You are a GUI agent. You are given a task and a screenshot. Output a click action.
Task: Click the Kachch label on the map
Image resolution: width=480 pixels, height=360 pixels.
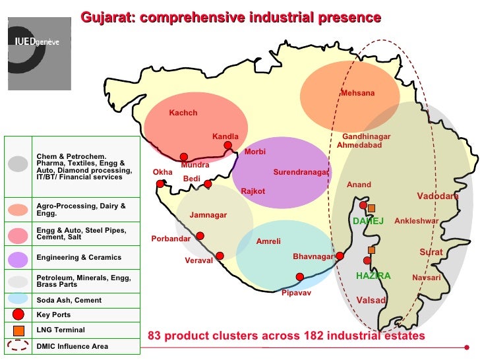183,113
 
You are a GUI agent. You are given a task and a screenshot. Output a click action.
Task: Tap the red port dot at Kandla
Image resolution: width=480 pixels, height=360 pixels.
227,146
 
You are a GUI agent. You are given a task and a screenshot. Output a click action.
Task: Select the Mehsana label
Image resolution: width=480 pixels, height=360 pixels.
357,94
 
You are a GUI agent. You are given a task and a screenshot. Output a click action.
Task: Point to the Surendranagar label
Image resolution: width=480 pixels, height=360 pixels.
301,173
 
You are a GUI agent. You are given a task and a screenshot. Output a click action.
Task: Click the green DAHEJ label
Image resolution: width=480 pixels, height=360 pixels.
368,221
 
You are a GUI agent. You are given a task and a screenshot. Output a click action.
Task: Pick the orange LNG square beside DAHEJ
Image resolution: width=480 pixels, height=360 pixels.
372,208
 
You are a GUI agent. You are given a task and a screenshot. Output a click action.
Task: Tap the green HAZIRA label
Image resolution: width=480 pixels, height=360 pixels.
373,276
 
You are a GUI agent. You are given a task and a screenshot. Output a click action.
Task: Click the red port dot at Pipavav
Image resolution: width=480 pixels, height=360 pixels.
300,277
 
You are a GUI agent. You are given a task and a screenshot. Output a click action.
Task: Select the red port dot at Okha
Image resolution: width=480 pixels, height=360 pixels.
160,184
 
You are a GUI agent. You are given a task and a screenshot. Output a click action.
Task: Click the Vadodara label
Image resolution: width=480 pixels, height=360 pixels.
437,196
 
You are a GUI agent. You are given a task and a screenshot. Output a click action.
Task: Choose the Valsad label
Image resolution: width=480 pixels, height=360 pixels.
371,301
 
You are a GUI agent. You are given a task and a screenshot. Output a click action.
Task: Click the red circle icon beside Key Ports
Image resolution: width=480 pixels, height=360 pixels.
18,315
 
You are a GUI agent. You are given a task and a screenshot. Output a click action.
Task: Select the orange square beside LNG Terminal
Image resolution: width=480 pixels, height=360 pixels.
18,330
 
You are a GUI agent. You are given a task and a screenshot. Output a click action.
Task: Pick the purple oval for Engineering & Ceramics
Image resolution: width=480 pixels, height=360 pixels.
18,258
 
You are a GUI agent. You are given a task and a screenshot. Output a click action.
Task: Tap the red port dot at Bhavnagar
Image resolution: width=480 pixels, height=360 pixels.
340,256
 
